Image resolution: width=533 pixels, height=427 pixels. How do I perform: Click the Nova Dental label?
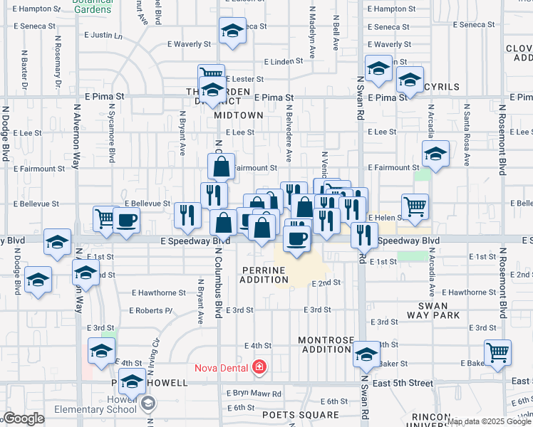(x=222, y=368)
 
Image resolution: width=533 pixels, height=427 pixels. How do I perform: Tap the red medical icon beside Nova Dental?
(x=259, y=367)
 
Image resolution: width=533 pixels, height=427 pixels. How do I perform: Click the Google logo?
(x=24, y=418)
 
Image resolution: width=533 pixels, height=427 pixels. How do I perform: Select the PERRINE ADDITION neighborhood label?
(x=264, y=275)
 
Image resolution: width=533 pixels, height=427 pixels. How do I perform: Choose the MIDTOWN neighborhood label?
(x=243, y=115)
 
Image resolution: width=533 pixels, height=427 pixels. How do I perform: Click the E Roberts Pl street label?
(x=151, y=310)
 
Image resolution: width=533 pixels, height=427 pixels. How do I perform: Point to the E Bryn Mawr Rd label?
(x=254, y=393)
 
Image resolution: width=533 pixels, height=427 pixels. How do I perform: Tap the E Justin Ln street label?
(x=103, y=35)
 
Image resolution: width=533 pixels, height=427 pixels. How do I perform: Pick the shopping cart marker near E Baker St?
(x=497, y=352)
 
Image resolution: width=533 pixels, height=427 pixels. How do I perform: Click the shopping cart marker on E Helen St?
(x=415, y=206)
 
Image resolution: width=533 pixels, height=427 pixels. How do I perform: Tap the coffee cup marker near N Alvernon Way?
(x=127, y=219)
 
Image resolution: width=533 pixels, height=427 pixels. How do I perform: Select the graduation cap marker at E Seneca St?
(x=232, y=31)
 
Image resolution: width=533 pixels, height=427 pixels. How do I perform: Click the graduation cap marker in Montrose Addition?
(x=366, y=354)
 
